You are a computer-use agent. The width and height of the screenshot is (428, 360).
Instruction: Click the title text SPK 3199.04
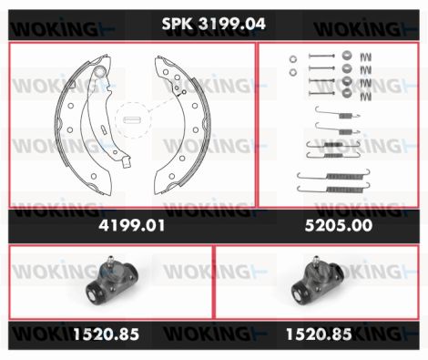point(214,24)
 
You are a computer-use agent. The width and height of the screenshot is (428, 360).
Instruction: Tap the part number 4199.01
point(132,225)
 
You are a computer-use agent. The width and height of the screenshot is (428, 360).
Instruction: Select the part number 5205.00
point(339,225)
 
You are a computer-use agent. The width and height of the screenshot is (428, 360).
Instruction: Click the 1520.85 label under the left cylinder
point(106,334)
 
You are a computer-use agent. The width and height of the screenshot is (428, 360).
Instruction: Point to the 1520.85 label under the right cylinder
point(319,334)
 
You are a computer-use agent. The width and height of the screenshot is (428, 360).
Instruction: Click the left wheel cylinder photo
point(111,281)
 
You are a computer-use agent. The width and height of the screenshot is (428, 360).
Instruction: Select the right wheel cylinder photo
point(317,281)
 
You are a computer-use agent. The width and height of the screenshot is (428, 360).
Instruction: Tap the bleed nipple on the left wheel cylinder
point(111,261)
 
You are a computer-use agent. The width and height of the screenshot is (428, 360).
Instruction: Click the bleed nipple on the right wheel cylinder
point(317,261)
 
